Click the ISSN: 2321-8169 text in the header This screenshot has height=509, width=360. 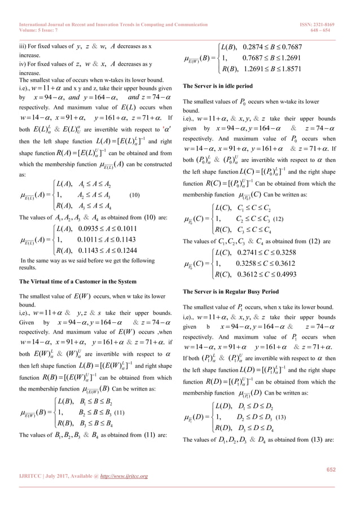tap(321, 9)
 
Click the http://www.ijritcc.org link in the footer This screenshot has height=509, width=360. tap(122, 476)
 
